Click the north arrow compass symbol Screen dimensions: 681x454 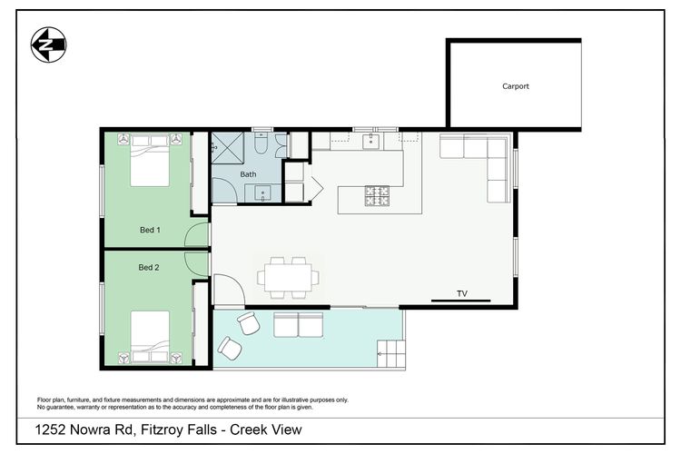pyautogui.click(x=48, y=44)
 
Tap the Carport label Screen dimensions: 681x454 pyautogui.click(x=516, y=86)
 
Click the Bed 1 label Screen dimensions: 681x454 pyautogui.click(x=150, y=230)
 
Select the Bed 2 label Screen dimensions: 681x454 pyautogui.click(x=149, y=267)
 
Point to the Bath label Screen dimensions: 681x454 pyautogui.click(x=248, y=174)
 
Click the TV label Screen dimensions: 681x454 pyautogui.click(x=462, y=293)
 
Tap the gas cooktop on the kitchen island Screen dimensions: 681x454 pyautogui.click(x=377, y=195)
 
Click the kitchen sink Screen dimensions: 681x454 pyautogui.click(x=370, y=142)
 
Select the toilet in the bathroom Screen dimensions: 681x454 pyautogui.click(x=261, y=143)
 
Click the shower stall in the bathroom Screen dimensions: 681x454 pyautogui.click(x=228, y=148)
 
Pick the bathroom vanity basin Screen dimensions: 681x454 pyautogui.click(x=262, y=193)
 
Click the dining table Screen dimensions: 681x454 pyautogui.click(x=288, y=278)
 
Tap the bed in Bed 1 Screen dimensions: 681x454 pyautogui.click(x=150, y=160)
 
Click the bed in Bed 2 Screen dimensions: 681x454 pyautogui.click(x=150, y=337)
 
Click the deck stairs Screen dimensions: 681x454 pyautogui.click(x=390, y=353)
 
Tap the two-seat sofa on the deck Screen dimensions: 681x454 pyautogui.click(x=299, y=325)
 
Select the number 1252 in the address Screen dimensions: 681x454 pyautogui.click(x=50, y=429)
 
